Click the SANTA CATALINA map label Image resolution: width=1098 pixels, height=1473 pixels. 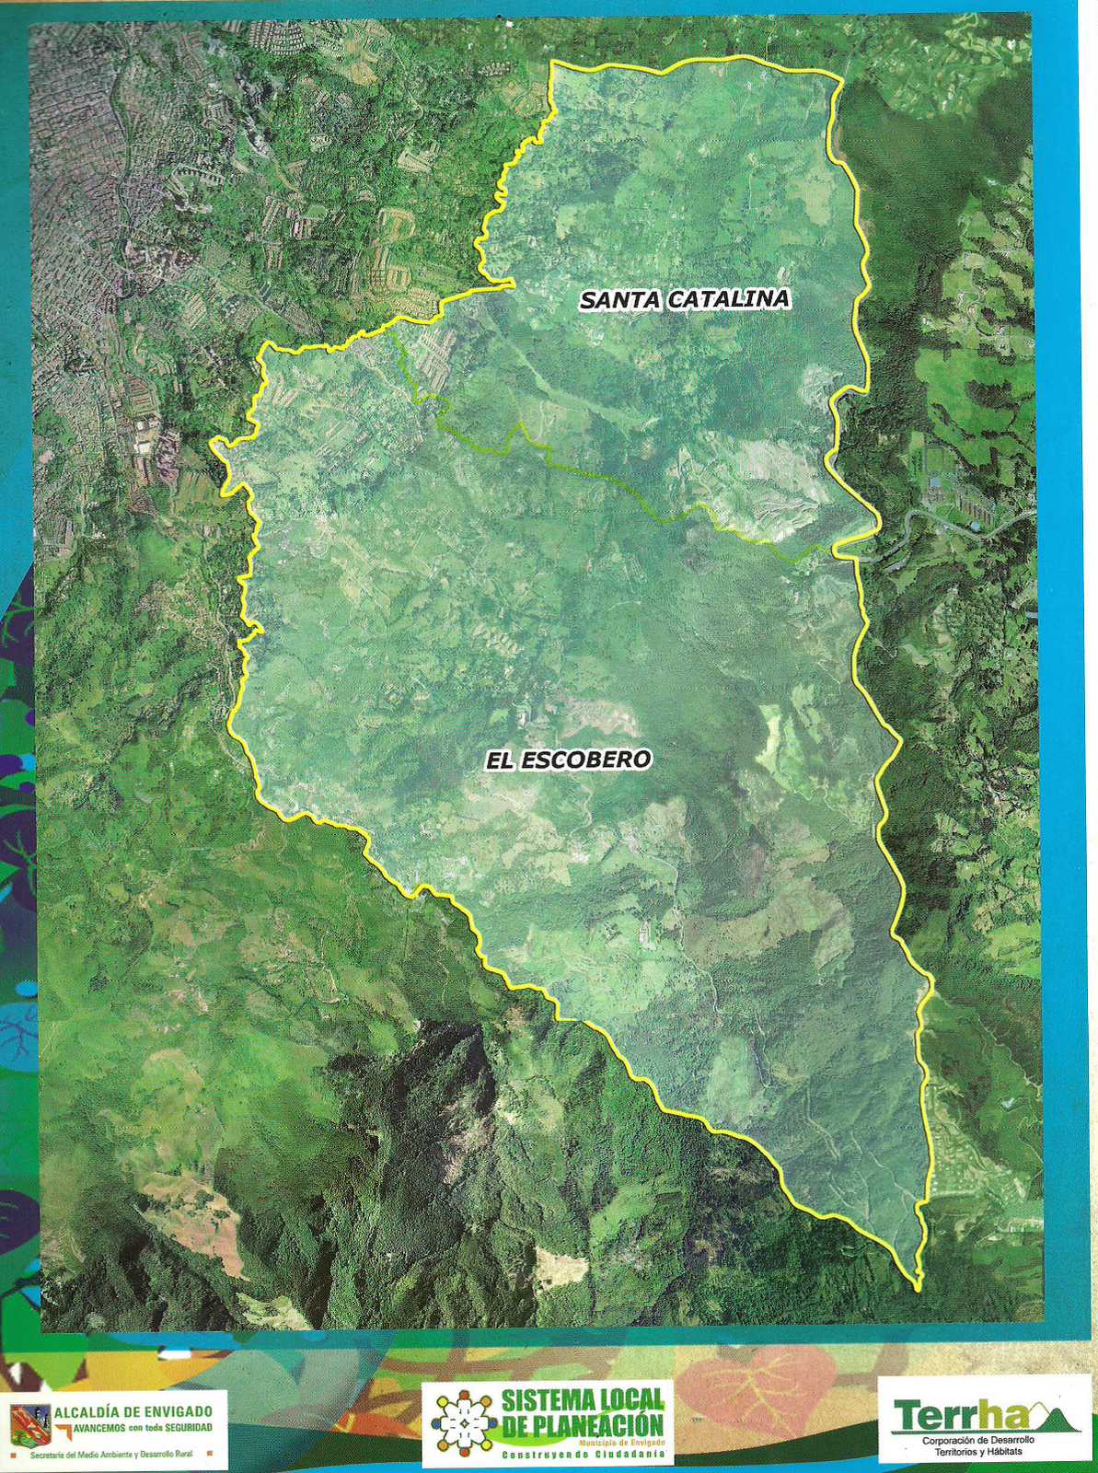(685, 299)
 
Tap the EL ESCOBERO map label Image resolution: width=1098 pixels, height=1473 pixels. (569, 760)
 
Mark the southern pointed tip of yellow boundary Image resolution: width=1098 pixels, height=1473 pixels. (917, 1285)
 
